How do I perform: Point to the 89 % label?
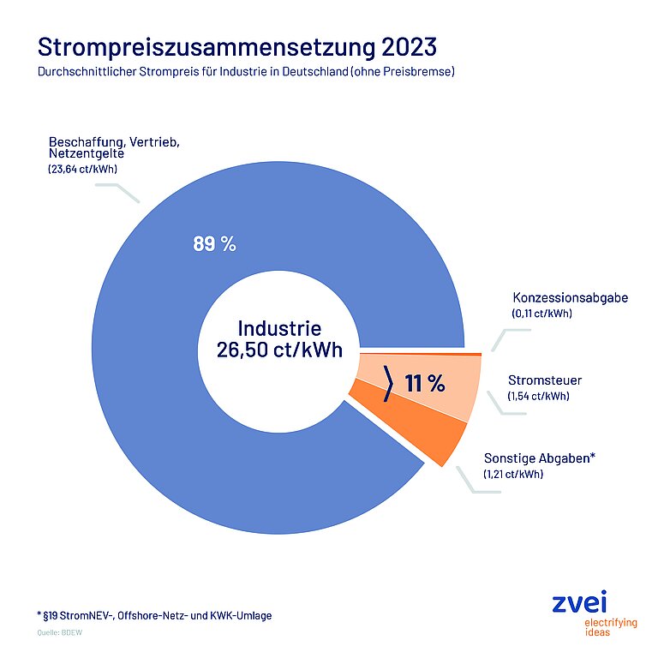click(214, 244)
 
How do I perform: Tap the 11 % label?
click(425, 384)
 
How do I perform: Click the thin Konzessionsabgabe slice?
click(428, 352)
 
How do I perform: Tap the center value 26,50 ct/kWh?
click(279, 350)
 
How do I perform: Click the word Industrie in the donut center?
click(279, 327)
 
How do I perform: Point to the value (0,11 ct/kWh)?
click(541, 314)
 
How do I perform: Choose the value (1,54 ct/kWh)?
click(538, 396)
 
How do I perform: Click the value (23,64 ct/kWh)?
click(83, 170)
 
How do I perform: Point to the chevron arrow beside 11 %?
click(388, 383)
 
